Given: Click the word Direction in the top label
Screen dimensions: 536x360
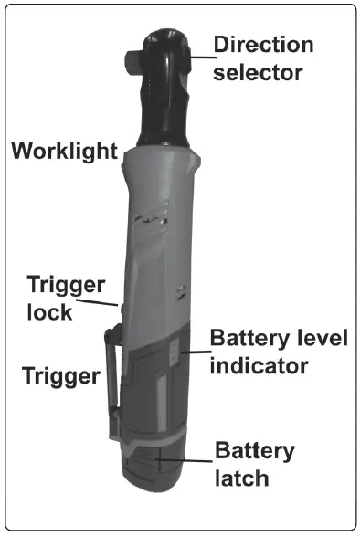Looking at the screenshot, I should click(263, 44).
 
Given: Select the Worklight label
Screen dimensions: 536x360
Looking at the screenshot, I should click(64, 151).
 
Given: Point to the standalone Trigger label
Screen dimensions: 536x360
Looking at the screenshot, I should click(60, 373).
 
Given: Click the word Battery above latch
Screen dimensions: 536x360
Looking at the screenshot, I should click(255, 450).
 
